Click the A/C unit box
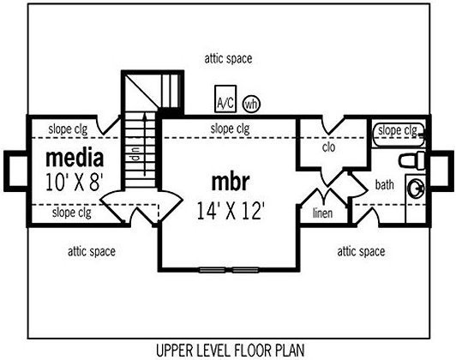click(225, 99)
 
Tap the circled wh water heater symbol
click(251, 104)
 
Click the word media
click(75, 159)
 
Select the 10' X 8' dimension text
click(75, 183)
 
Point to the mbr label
click(231, 182)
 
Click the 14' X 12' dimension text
click(231, 211)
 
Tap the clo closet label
click(328, 147)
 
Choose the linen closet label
click(322, 213)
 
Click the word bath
click(385, 184)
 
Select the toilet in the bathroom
click(411, 160)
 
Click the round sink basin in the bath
click(416, 188)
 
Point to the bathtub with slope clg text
click(399, 135)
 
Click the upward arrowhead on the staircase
click(145, 117)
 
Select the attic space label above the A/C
click(228, 59)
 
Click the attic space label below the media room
click(92, 251)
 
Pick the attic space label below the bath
click(361, 251)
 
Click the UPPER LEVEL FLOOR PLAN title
click(231, 350)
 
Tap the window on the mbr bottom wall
click(229, 270)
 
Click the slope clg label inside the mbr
click(230, 129)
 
